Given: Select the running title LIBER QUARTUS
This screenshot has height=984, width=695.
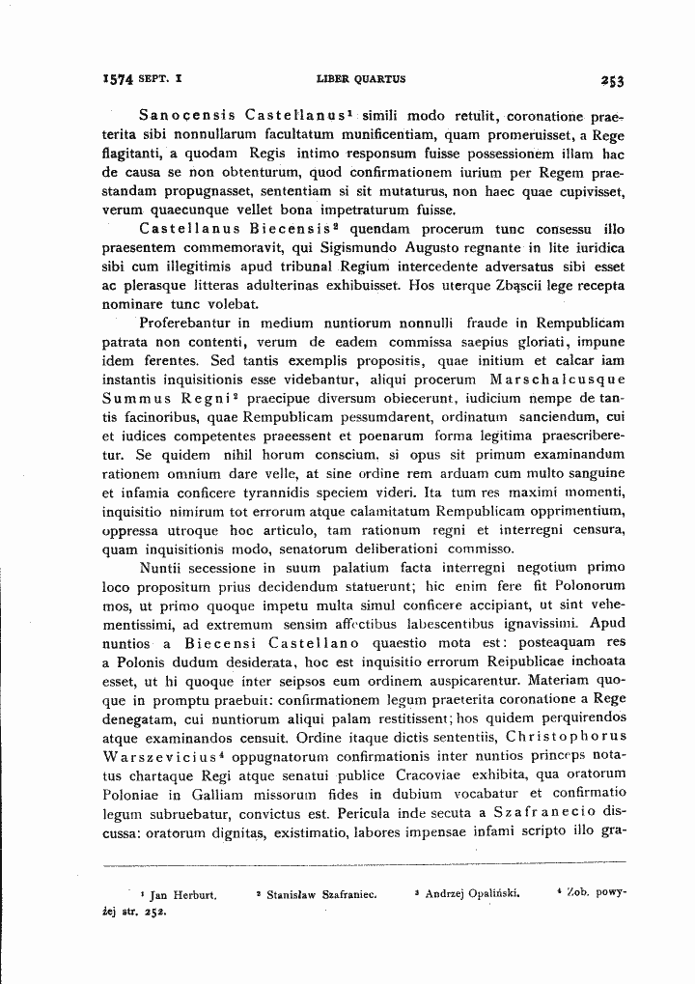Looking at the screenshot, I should pyautogui.click(x=361, y=80).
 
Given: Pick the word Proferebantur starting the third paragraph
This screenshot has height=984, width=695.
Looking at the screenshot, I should pyautogui.click(x=187, y=323).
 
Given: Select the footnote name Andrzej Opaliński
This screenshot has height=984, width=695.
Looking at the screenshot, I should pyautogui.click(x=472, y=894).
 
